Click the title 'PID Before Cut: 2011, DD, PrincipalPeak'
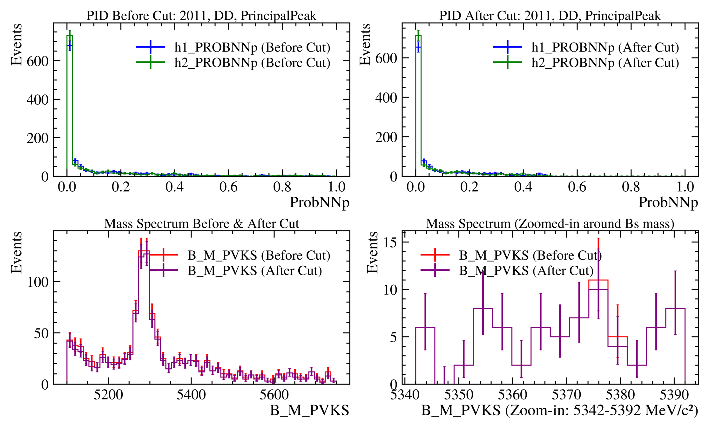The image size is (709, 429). tap(201, 16)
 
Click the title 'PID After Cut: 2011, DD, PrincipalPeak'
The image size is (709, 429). tap(550, 16)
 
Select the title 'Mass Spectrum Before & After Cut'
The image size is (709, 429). tap(201, 224)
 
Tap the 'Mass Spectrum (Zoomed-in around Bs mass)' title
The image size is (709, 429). tap(550, 224)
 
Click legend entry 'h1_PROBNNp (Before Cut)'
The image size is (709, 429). tap(252, 47)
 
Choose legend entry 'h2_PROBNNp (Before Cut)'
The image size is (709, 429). tap(252, 63)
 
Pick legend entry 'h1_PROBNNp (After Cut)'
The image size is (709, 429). tap(605, 47)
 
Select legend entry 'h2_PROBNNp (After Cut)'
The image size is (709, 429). tap(605, 63)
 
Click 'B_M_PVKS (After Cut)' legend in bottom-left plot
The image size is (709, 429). tap(254, 271)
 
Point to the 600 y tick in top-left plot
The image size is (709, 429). tap(37, 61)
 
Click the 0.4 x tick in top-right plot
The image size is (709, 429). tap(523, 187)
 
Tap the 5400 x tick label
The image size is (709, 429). tap(191, 395)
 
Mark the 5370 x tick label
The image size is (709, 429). tap(566, 395)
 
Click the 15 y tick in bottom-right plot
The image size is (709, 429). tap(390, 243)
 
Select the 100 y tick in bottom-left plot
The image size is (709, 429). tap(38, 282)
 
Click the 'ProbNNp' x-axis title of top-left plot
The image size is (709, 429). tap(319, 203)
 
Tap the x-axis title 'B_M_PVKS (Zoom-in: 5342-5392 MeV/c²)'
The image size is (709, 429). tap(559, 411)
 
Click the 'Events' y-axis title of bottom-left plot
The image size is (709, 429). tap(17, 252)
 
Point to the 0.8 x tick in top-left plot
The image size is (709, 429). tap(282, 187)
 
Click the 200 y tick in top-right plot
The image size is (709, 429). tap(386, 137)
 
